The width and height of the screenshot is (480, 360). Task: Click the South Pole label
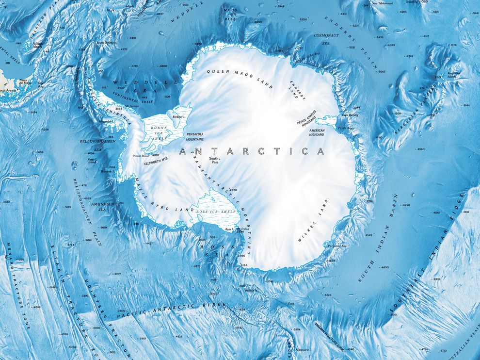214,161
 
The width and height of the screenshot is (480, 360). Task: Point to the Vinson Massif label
141,155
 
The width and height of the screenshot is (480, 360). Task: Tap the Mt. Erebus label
235,228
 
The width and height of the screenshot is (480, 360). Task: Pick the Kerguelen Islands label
454,75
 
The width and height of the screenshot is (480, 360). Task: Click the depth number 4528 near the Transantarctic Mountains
233,190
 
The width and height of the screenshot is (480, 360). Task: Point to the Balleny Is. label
252,291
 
